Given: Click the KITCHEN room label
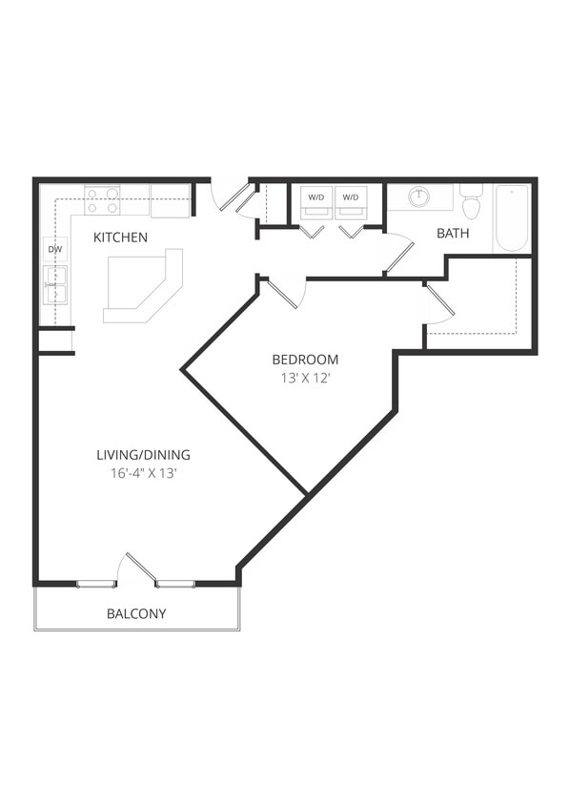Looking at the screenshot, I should [x=120, y=237].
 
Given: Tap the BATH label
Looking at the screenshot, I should [x=453, y=233].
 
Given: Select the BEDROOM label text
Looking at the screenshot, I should [x=305, y=360].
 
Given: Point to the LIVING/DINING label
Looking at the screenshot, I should [x=144, y=454].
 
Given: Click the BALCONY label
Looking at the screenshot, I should [x=136, y=613].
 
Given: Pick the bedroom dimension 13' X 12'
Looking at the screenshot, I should [x=305, y=377].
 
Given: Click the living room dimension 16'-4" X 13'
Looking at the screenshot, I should [x=144, y=472].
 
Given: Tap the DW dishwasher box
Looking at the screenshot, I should [x=54, y=250].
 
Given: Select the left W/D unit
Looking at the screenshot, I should [x=315, y=197].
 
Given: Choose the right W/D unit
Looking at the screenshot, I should [x=351, y=197].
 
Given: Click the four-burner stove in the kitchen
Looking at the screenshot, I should [x=102, y=200].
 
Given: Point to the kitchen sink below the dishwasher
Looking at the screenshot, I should [x=55, y=283].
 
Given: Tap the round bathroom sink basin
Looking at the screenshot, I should [x=419, y=196].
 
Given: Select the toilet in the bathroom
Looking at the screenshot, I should [x=471, y=203].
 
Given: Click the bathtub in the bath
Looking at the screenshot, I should [x=512, y=217].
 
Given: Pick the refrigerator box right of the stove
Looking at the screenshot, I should [x=170, y=200].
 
